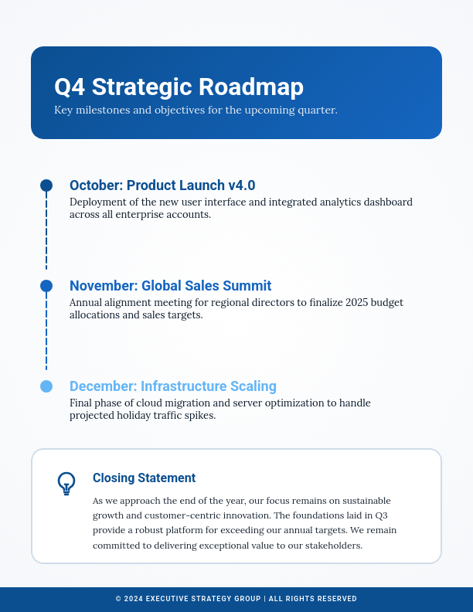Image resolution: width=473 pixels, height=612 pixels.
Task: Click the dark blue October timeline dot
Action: coord(46,185)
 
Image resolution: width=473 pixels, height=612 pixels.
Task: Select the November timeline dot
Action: coord(46,286)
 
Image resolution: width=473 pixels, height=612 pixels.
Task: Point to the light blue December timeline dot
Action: coord(46,386)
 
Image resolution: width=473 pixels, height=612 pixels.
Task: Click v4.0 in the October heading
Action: coord(241,185)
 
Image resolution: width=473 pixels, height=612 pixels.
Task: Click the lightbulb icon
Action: coord(66,484)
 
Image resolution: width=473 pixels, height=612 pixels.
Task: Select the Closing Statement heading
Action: coord(144,478)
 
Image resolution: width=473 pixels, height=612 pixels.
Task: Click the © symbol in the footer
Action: coord(118,599)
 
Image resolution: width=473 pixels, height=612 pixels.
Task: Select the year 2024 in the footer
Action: coord(133,599)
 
